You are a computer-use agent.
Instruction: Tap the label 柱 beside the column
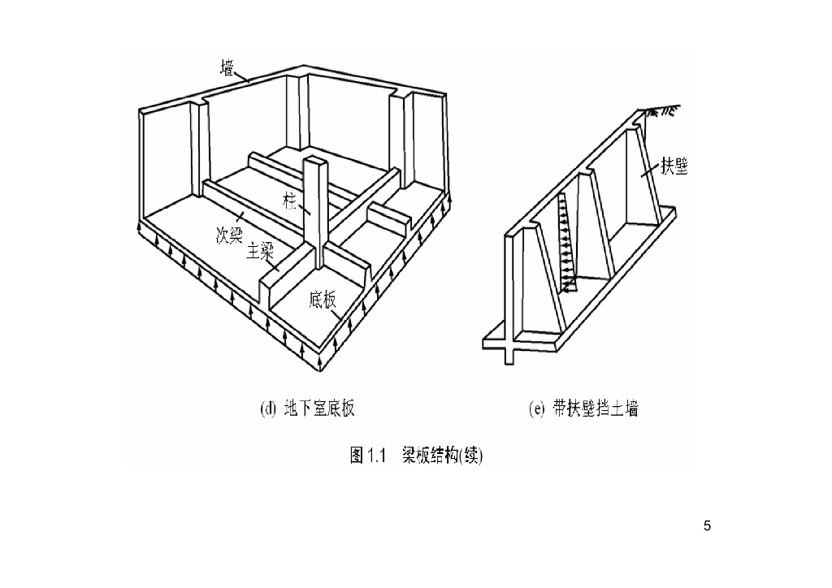(x=291, y=201)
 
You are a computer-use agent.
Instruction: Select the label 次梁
(x=229, y=235)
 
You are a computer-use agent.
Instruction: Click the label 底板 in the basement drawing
(x=322, y=300)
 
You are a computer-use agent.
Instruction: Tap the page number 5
(x=707, y=526)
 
